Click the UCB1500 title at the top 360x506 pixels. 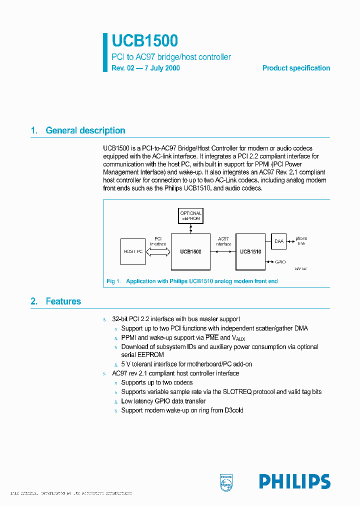click(145, 41)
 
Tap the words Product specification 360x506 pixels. click(296, 68)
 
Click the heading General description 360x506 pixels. click(85, 130)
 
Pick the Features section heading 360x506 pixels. click(63, 301)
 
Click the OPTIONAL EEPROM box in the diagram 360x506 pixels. click(190, 216)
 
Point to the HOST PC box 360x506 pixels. click(133, 251)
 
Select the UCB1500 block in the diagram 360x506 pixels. click(190, 252)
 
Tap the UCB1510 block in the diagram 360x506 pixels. click(250, 252)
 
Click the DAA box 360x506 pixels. click(278, 241)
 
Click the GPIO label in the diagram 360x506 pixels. click(281, 261)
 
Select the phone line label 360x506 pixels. click(301, 241)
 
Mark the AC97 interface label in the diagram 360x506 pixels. click(223, 241)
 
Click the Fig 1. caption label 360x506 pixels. click(114, 281)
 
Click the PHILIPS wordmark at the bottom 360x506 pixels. click(294, 481)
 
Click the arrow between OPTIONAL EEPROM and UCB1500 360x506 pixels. click(190, 228)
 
